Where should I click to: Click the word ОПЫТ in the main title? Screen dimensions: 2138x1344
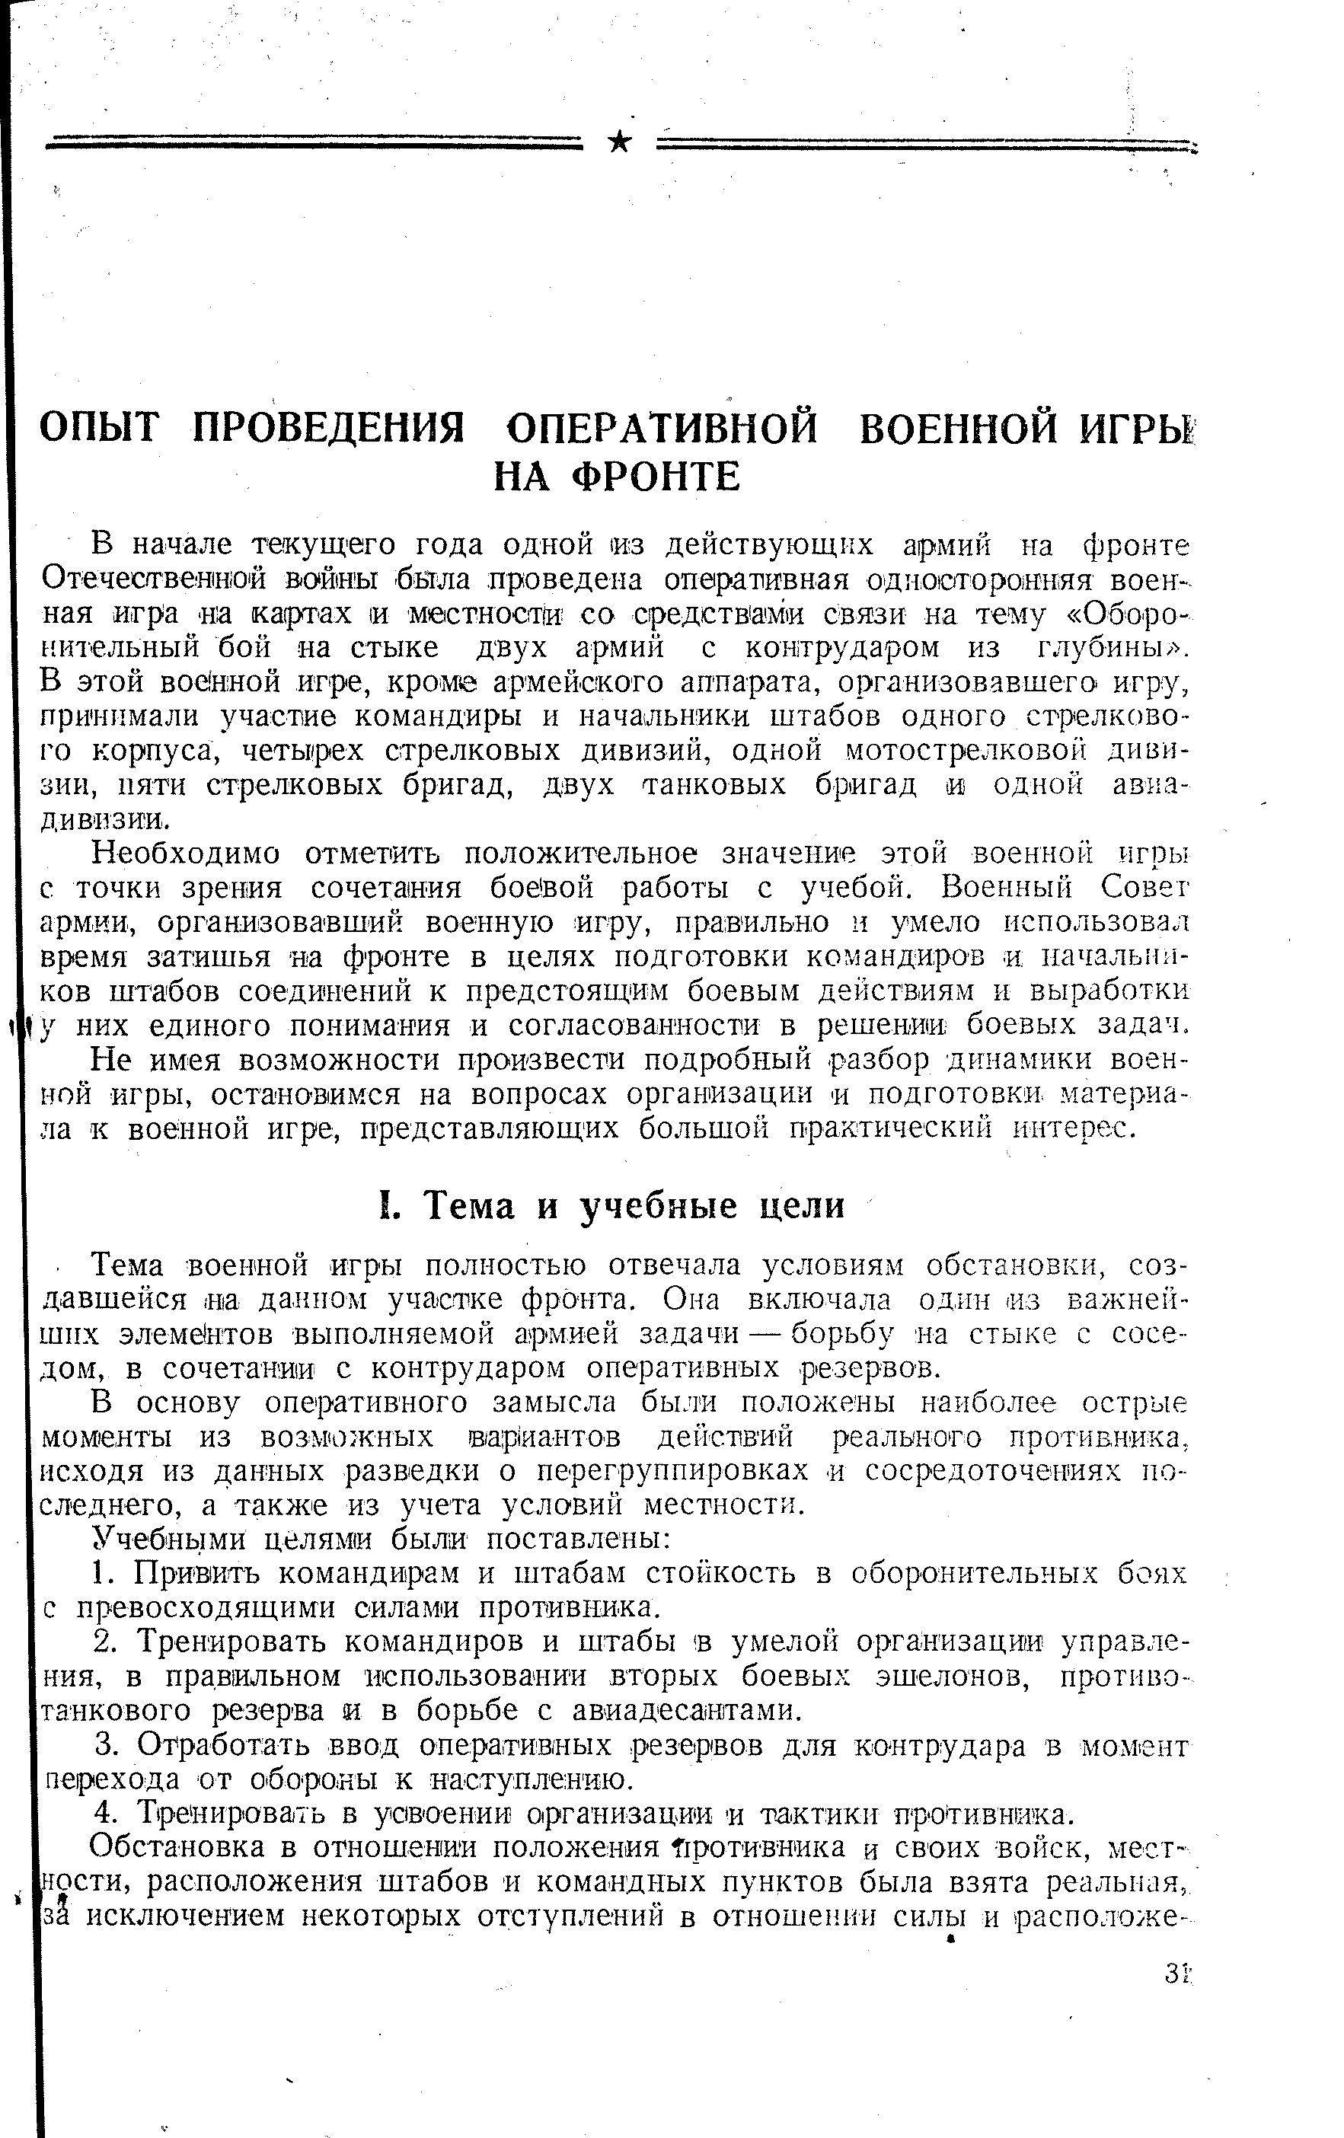point(101,429)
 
